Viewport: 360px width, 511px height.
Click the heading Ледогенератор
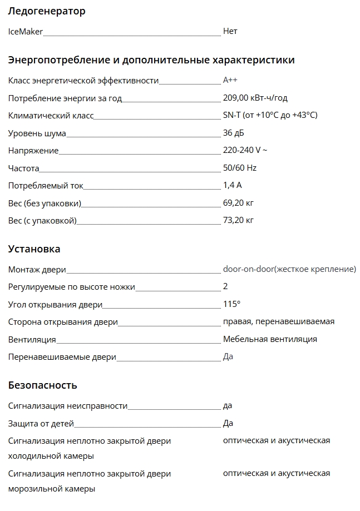coord(47,11)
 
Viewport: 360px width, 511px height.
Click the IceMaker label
coord(26,32)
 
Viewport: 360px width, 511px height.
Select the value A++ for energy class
coord(230,80)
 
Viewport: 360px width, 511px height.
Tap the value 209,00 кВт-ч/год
coord(255,98)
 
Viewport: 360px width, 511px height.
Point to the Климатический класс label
coord(51,116)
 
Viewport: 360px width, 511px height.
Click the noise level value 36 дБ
coord(233,133)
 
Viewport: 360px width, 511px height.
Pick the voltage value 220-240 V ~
coord(245,150)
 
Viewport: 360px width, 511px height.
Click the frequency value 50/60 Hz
coord(239,168)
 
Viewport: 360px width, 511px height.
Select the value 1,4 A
coord(233,185)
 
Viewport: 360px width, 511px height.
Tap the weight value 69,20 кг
coord(238,202)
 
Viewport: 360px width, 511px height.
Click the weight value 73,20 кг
coord(238,220)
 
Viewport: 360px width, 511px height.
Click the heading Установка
coord(34,249)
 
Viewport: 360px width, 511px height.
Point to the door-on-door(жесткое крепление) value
coord(289,269)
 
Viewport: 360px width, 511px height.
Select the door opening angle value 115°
coord(231,304)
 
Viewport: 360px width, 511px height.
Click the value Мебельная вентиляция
coord(270,339)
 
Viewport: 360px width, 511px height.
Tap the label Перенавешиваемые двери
coord(62,357)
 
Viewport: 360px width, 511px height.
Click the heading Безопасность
coord(42,385)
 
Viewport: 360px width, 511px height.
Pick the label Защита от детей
coord(41,424)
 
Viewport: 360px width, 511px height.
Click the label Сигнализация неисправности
coord(68,406)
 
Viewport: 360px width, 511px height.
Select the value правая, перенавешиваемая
coord(279,321)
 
